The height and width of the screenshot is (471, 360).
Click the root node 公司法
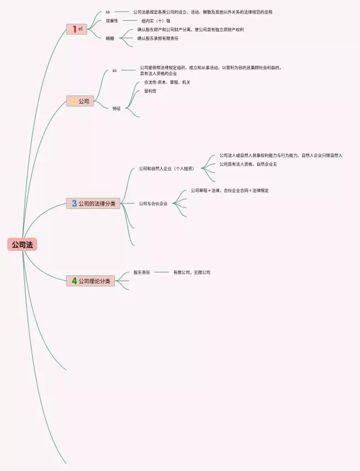22,244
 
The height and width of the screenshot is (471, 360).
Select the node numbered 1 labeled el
77,29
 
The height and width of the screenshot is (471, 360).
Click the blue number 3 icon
74,203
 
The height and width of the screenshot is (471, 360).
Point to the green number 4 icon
74,280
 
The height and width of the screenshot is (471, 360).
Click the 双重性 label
112,20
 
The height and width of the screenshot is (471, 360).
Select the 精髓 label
110,38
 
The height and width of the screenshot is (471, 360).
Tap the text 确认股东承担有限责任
157,38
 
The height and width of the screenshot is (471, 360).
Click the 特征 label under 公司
116,108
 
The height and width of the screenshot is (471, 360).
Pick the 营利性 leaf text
150,91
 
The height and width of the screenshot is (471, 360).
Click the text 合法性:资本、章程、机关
167,82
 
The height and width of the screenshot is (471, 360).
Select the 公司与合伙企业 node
153,203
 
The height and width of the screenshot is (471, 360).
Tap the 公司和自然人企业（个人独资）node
166,168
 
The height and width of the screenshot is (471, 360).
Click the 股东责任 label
142,272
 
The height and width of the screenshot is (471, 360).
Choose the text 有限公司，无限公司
191,272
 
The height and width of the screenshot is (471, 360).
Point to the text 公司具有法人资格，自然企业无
248,164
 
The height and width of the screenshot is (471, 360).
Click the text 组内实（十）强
156,20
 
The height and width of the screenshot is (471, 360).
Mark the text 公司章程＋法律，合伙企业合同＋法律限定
229,190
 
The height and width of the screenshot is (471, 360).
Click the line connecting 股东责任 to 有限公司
161,272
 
